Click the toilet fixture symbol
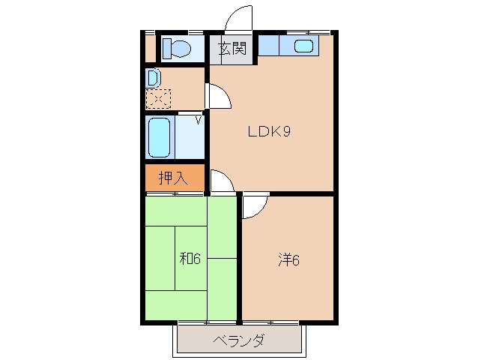[x=178, y=48]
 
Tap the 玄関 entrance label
[x=232, y=49]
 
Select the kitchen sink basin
[x=303, y=46]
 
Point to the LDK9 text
[x=270, y=132]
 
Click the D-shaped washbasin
[x=152, y=77]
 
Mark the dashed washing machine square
[x=158, y=97]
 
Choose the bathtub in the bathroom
[x=160, y=136]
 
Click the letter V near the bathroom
[x=199, y=118]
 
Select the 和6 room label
[x=190, y=259]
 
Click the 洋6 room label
[x=289, y=260]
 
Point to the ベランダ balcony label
[x=239, y=341]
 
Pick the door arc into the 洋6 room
[x=253, y=207]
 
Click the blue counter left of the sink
[x=269, y=46]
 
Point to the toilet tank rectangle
[x=167, y=48]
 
